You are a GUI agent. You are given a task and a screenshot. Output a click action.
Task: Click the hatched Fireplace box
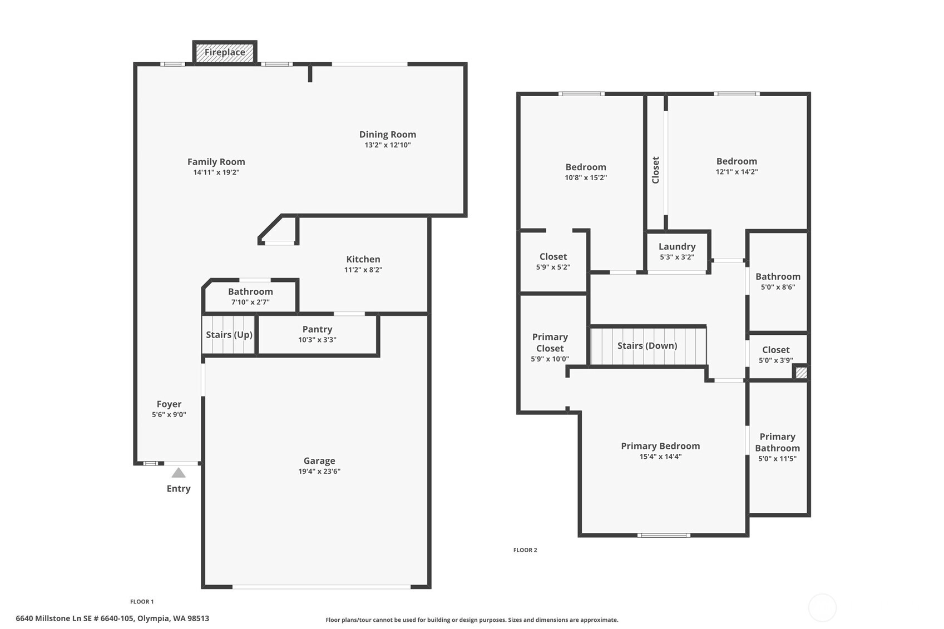pos(225,52)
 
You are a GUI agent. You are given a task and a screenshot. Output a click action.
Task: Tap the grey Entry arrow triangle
pos(179,473)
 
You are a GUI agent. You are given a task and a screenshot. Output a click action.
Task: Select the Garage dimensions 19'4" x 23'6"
pos(319,472)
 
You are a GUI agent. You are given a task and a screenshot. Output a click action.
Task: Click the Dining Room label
pos(388,135)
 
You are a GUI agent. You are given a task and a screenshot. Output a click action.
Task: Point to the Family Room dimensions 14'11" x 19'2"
pos(216,172)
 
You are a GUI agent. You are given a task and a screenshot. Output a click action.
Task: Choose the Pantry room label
pos(317,329)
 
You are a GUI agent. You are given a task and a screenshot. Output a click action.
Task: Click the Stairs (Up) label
pos(229,335)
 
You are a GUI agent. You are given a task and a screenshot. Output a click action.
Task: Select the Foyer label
pos(169,404)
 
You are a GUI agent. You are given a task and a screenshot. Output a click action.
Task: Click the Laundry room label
pos(677,247)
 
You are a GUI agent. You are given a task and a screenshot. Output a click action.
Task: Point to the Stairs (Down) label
pos(648,346)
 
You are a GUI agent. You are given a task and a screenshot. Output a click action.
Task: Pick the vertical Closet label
pos(656,170)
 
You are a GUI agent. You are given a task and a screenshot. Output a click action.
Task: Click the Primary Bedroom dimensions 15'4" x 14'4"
pos(660,457)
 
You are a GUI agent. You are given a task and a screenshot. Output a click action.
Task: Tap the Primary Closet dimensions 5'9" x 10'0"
pos(550,359)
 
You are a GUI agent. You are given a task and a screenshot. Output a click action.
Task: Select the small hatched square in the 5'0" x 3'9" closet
pos(801,373)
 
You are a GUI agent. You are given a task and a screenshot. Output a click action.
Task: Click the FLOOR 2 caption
pos(525,550)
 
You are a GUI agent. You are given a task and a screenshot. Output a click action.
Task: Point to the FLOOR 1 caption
pos(142,602)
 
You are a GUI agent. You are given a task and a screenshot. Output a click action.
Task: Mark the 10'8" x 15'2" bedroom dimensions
pos(586,178)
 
